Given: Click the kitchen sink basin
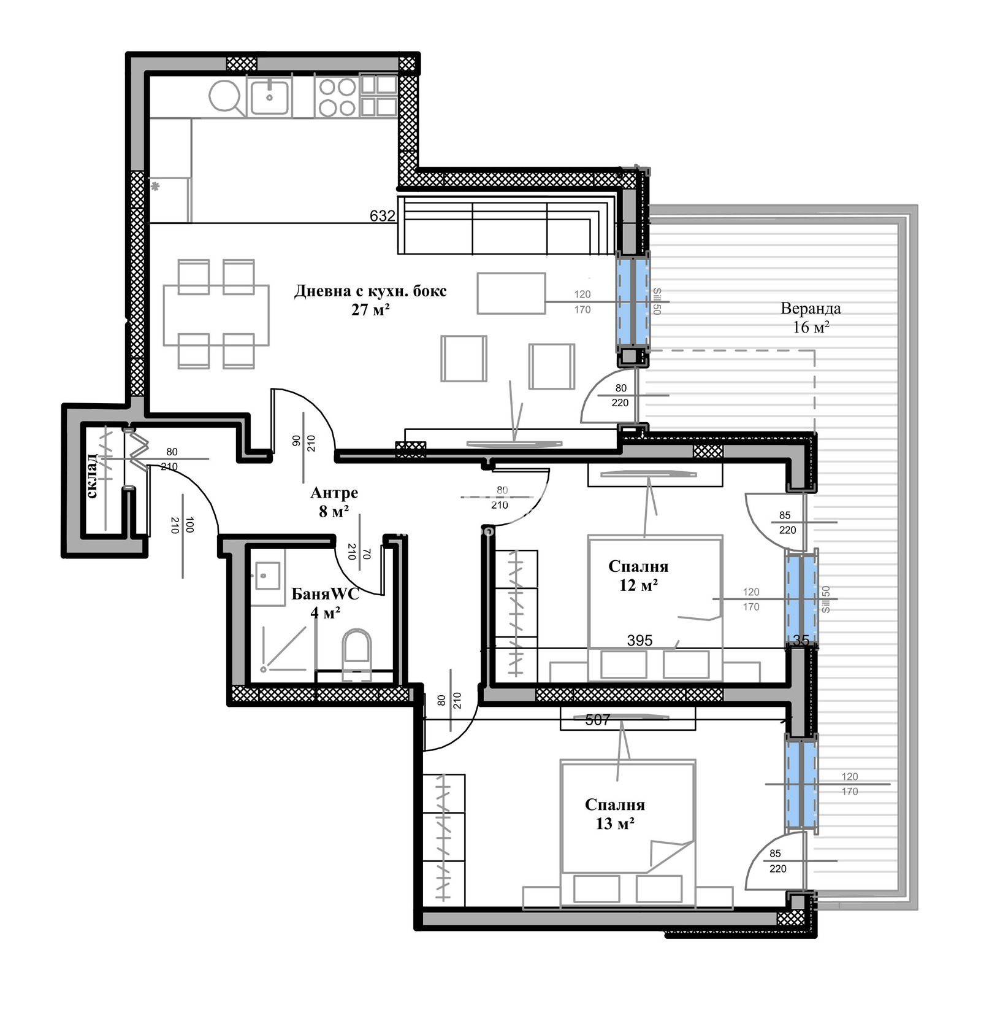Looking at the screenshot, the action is [269, 96].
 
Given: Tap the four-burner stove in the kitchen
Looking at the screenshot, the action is [337, 96].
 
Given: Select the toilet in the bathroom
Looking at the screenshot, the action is [357, 652].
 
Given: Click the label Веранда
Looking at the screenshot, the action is [811, 308].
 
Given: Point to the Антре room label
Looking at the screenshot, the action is [334, 492].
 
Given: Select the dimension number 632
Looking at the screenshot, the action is [382, 216].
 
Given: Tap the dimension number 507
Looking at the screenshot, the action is [598, 720].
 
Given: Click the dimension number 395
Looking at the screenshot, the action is [639, 641].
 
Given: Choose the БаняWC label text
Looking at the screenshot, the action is [325, 593].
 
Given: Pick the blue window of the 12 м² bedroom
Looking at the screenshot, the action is [802, 598].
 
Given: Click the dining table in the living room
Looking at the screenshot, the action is [216, 315].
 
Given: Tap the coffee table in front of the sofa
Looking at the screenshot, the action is [511, 293].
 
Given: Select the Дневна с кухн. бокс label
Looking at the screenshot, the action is [370, 291].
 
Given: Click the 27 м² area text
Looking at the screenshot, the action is [371, 309].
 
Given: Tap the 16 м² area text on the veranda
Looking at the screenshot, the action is [811, 327].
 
